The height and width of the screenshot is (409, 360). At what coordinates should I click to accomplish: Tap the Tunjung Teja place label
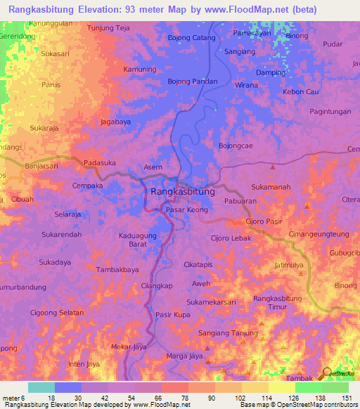pyautogui.click(x=109, y=28)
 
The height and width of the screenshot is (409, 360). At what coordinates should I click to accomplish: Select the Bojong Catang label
pyautogui.click(x=191, y=38)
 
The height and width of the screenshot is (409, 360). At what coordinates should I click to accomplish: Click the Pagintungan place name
pyautogui.click(x=330, y=112)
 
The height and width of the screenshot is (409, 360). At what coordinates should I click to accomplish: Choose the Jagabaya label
pyautogui.click(x=115, y=122)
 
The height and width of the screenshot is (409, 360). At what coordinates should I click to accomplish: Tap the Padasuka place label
pyautogui.click(x=99, y=162)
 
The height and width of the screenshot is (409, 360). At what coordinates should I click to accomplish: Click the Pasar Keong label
pyautogui.click(x=186, y=210)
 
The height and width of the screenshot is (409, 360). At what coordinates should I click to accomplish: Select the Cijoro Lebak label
pyautogui.click(x=231, y=239)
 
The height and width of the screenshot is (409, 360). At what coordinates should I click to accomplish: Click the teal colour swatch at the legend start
pyautogui.click(x=41, y=387)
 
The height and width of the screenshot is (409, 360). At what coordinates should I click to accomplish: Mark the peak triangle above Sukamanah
pyautogui.click(x=273, y=167)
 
